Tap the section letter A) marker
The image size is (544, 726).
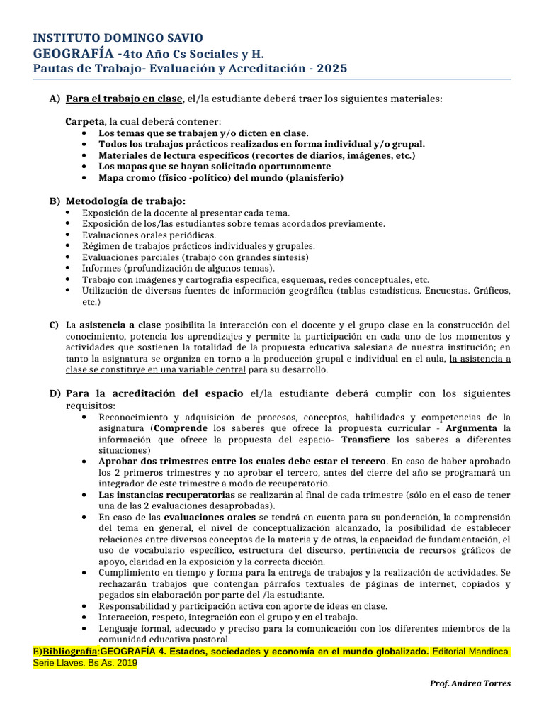click(55, 99)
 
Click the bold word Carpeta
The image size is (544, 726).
click(85, 121)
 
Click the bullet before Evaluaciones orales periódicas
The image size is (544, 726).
click(67, 235)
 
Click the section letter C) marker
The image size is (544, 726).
click(54, 325)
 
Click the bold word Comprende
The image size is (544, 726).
click(181, 428)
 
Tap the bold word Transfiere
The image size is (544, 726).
click(367, 439)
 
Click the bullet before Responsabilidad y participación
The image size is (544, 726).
click(84, 606)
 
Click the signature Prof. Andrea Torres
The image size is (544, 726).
click(470, 683)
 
